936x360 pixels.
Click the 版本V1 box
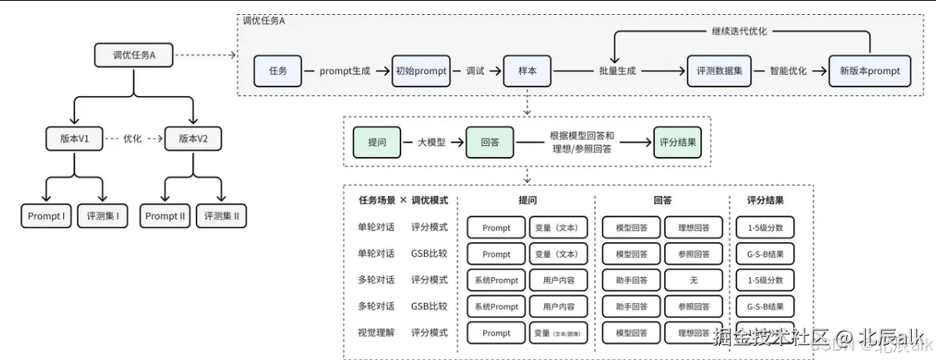point(74,140)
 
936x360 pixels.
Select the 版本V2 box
point(194,140)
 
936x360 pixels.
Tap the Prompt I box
point(46,216)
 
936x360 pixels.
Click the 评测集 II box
point(221,216)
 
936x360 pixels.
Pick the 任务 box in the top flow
point(278,71)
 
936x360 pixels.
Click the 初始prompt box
point(422,71)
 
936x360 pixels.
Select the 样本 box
point(528,71)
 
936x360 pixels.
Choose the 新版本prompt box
point(870,71)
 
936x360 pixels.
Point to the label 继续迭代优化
point(739,31)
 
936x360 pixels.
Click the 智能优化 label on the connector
point(789,71)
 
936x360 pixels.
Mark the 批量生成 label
point(617,71)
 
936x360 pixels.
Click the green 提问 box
point(377,142)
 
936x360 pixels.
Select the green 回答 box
point(490,142)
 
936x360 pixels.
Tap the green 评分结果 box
point(678,142)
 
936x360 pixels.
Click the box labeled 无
point(694,280)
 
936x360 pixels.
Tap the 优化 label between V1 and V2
point(133,140)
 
